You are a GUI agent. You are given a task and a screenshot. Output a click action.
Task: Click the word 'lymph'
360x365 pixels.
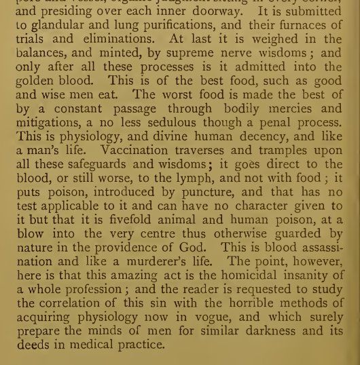point(200,178)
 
